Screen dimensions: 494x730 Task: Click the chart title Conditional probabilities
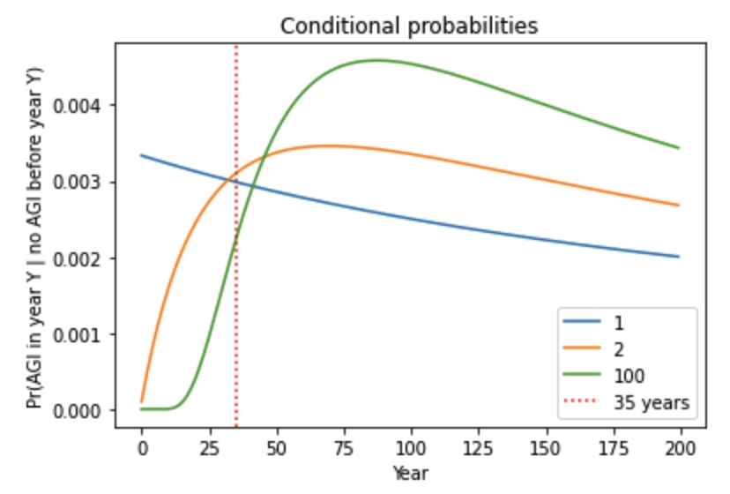pos(408,26)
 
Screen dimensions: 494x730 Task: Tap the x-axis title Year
pos(410,474)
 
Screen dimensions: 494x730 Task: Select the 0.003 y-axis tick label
pos(85,183)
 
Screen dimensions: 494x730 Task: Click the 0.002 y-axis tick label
pos(85,258)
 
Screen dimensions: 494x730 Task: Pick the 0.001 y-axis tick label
pos(85,334)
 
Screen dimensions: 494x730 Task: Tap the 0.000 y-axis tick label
pos(85,411)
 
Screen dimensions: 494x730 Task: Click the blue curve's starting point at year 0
pos(141,155)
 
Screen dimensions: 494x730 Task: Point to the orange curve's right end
pos(679,206)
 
